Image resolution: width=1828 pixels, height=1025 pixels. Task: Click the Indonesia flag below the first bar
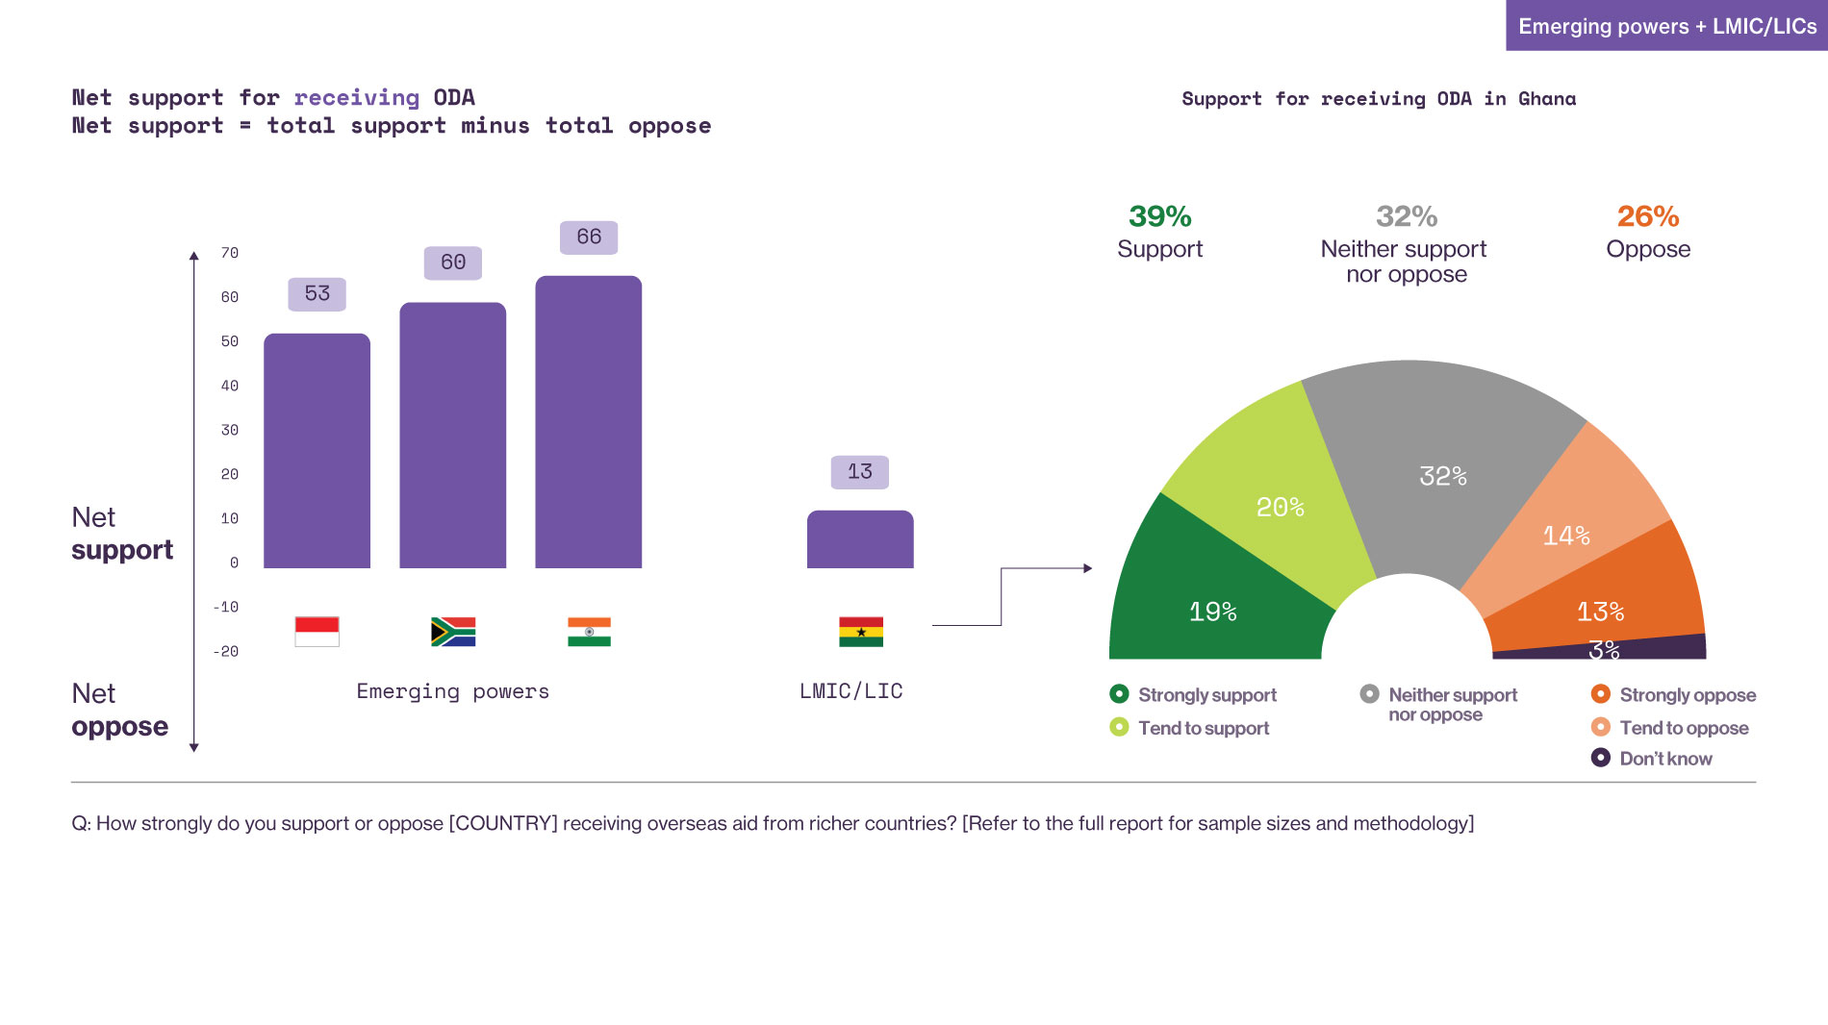(x=317, y=632)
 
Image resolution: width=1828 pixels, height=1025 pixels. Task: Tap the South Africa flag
(x=453, y=632)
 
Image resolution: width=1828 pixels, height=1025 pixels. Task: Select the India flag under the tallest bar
(x=589, y=632)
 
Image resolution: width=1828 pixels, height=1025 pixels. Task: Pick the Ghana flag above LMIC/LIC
(x=860, y=632)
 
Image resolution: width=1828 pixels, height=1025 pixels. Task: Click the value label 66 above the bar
(x=589, y=237)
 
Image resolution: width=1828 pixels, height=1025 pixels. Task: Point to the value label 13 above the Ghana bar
(x=860, y=472)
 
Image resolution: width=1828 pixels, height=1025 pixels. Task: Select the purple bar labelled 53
(x=317, y=451)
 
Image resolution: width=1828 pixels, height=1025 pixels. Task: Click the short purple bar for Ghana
(x=860, y=539)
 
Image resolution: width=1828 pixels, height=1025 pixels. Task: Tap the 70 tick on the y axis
(x=229, y=253)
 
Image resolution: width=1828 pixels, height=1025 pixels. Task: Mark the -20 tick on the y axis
(x=226, y=651)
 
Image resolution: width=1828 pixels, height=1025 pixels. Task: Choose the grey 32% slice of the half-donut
(x=1434, y=462)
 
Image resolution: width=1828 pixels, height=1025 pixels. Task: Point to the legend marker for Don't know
(x=1601, y=758)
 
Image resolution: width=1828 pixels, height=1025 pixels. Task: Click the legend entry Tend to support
(x=1203, y=728)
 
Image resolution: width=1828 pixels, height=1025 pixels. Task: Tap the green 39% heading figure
(x=1159, y=216)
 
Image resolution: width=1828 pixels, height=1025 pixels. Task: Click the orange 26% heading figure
(x=1647, y=216)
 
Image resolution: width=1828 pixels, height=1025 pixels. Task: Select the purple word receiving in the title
(x=356, y=97)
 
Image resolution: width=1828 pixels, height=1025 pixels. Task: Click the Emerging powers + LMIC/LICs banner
(x=1666, y=26)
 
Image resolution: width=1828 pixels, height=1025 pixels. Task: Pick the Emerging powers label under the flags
(x=452, y=691)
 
